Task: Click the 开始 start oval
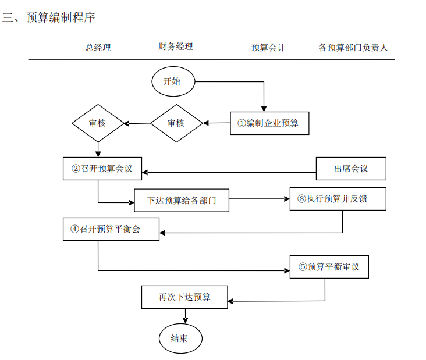pyautogui.click(x=173, y=81)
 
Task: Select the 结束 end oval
pyautogui.click(x=180, y=338)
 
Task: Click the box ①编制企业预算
pyautogui.click(x=269, y=123)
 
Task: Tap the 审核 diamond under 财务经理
pyautogui.click(x=176, y=123)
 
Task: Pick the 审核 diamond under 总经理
pyautogui.click(x=98, y=123)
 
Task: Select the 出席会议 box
pyautogui.click(x=351, y=169)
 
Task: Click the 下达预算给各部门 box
pyautogui.click(x=182, y=201)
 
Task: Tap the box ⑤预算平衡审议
pyautogui.click(x=329, y=267)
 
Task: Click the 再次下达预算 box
pyautogui.click(x=184, y=297)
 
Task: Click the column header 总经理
pyautogui.click(x=98, y=48)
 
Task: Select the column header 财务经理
pyautogui.click(x=175, y=47)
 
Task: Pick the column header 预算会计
pyautogui.click(x=268, y=48)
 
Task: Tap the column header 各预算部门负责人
pyautogui.click(x=353, y=48)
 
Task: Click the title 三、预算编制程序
pyautogui.click(x=48, y=18)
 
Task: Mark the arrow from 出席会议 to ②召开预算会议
pyautogui.click(x=229, y=172)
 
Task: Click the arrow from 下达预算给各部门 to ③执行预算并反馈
pyautogui.click(x=260, y=199)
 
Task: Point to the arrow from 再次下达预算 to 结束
pyautogui.click(x=186, y=316)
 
